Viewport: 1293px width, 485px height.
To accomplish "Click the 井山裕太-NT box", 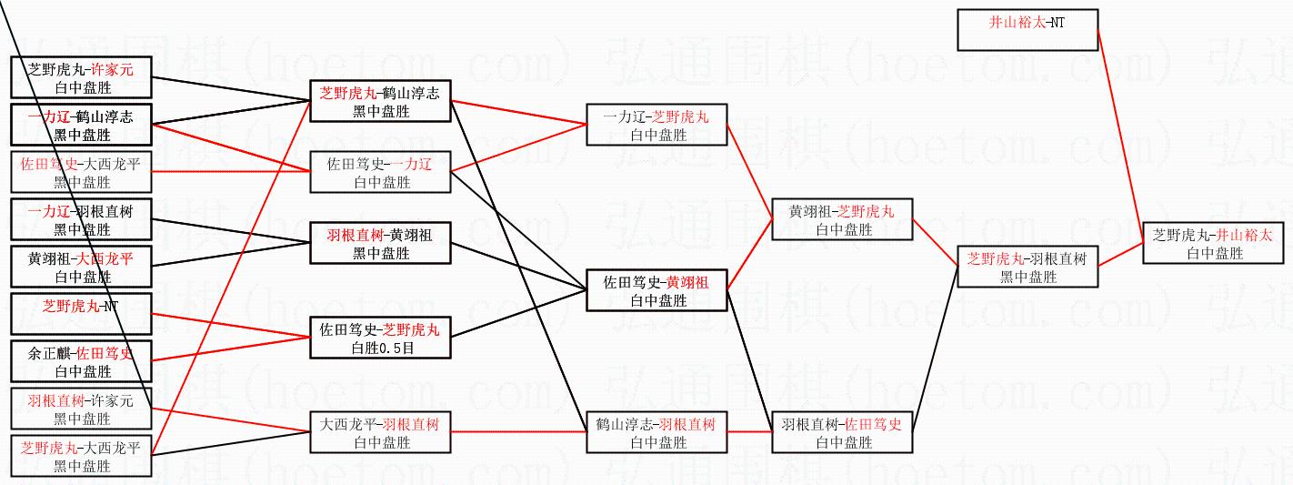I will [1027, 30].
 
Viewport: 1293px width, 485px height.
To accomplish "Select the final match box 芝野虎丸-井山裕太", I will [1214, 243].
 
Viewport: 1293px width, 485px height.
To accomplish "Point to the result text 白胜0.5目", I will [381, 348].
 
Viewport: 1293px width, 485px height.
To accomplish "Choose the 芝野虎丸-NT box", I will [81, 314].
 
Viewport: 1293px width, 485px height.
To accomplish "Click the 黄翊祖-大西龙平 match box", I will [81, 268].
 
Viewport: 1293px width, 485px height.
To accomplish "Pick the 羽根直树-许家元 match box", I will [81, 409].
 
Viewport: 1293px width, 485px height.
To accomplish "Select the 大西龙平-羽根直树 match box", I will [381, 432].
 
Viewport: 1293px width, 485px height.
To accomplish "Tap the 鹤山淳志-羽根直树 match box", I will [657, 432].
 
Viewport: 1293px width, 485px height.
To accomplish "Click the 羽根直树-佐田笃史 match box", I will [840, 432].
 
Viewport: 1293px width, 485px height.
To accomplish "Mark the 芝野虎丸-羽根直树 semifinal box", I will [1027, 267].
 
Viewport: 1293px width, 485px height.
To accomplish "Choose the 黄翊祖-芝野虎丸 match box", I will [840, 219].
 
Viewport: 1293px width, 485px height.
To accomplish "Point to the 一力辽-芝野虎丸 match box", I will [657, 125].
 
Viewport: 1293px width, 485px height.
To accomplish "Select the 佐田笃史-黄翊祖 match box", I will [657, 290].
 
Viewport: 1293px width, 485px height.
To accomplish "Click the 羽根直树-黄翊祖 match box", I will [381, 243].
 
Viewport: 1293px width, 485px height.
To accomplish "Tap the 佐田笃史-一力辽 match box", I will [381, 172].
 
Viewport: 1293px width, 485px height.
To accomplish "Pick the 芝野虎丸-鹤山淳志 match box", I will [381, 101].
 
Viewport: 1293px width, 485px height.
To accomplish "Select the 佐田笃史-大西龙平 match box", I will [81, 173].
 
